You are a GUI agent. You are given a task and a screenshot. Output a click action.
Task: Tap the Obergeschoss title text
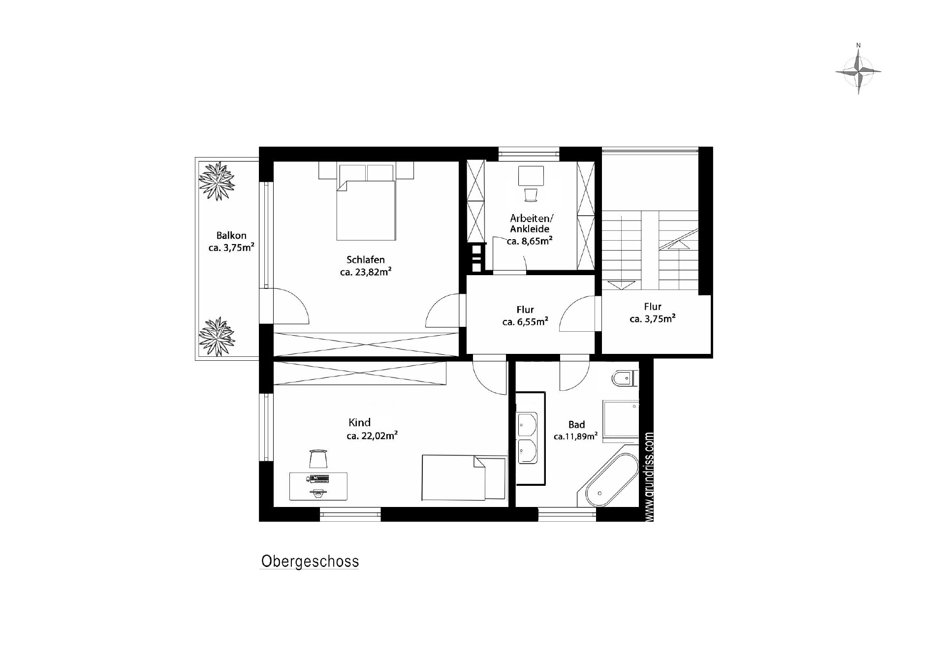pos(310,562)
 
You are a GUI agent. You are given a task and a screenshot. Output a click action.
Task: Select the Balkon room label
pos(231,236)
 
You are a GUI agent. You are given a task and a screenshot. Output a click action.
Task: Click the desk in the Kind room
pos(318,486)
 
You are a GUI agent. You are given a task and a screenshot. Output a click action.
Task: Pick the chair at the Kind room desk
pos(318,459)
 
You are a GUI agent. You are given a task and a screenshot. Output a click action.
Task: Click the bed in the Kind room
pos(464,478)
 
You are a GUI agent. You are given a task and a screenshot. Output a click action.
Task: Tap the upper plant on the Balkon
pos(217,182)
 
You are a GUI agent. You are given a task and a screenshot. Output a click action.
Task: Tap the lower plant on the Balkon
pos(217,337)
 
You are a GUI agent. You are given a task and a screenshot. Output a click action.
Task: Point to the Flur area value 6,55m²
pos(525,322)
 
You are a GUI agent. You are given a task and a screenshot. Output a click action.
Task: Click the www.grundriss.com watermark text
pos(649,477)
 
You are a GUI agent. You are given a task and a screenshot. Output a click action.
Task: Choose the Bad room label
pos(577,424)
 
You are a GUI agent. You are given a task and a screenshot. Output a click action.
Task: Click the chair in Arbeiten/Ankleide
pos(532,195)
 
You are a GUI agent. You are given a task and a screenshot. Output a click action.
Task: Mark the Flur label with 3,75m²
pos(653,313)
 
